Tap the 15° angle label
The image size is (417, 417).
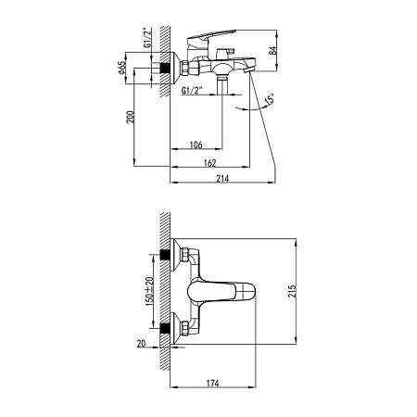click(x=268, y=100)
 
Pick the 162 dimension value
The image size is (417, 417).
click(x=215, y=163)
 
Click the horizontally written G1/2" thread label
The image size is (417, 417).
click(x=194, y=91)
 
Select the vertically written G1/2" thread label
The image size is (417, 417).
click(x=147, y=44)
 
